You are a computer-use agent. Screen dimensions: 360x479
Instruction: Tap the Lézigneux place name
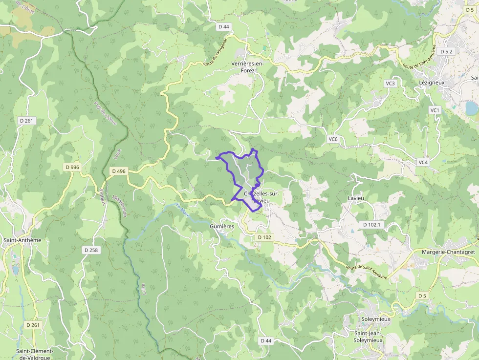432,83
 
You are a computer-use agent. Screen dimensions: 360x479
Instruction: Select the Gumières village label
222,227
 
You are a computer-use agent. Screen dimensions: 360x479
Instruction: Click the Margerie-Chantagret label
448,252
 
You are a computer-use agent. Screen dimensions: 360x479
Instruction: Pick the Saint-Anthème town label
22,240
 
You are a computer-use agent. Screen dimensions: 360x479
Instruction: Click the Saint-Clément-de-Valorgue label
35,354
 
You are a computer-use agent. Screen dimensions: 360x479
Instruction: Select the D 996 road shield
72,167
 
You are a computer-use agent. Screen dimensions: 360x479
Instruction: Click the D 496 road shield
119,171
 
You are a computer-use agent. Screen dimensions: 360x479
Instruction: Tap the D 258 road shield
91,250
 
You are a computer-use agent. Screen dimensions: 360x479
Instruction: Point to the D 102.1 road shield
372,224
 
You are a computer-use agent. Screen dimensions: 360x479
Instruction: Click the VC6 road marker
333,139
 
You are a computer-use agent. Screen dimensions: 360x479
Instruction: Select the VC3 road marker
390,84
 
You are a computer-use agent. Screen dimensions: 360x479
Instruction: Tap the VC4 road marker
423,162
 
